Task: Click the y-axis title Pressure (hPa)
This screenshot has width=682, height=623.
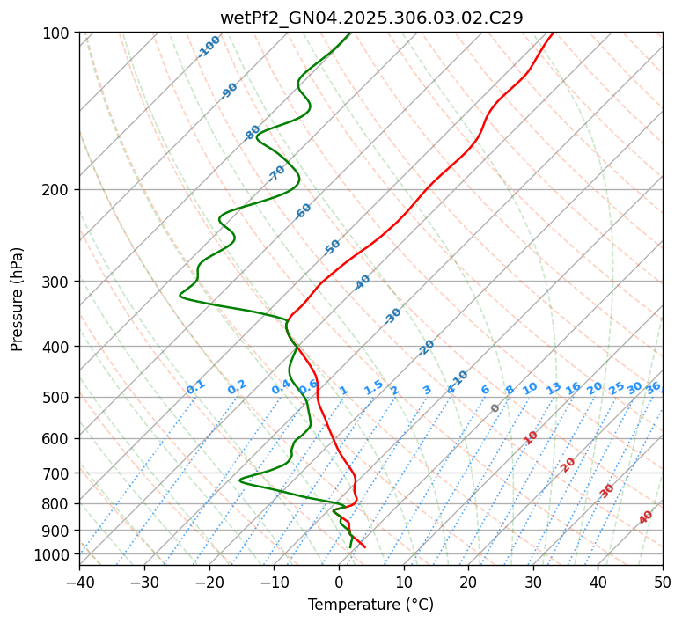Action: coord(17,298)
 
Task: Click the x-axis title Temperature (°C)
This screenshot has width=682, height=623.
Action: coord(370,605)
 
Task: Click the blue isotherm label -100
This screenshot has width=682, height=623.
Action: coord(209,47)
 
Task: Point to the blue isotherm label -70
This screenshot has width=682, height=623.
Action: coord(276,173)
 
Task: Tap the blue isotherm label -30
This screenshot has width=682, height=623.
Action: coord(392,316)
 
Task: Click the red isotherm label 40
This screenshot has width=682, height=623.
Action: coord(646,517)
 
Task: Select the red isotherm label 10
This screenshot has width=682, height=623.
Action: coord(531,437)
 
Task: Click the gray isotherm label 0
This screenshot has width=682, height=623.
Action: coord(495,408)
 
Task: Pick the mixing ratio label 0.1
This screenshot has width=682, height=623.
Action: coord(195,387)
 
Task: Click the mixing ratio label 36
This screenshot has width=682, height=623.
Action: coord(653,387)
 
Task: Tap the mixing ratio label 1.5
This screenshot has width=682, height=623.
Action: coord(373,387)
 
